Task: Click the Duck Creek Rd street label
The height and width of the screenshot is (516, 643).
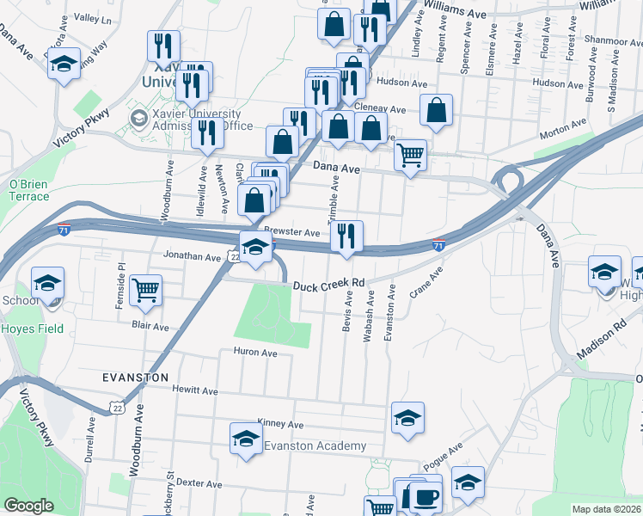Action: point(329,283)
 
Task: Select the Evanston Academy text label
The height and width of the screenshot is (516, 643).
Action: point(315,446)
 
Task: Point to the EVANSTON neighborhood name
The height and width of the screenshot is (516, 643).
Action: point(135,378)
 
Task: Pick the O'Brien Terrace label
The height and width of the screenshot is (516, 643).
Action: point(29,190)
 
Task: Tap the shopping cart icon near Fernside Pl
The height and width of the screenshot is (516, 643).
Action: point(146,290)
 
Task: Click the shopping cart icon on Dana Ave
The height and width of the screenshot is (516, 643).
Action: point(411,155)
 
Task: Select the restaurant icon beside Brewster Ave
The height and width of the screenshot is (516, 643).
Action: point(346,235)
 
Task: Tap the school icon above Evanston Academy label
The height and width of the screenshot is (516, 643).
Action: point(246,438)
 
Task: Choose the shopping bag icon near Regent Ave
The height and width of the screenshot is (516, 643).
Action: point(437,109)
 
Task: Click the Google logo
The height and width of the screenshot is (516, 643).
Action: point(28,506)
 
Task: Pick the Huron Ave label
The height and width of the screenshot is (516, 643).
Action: point(255,353)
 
